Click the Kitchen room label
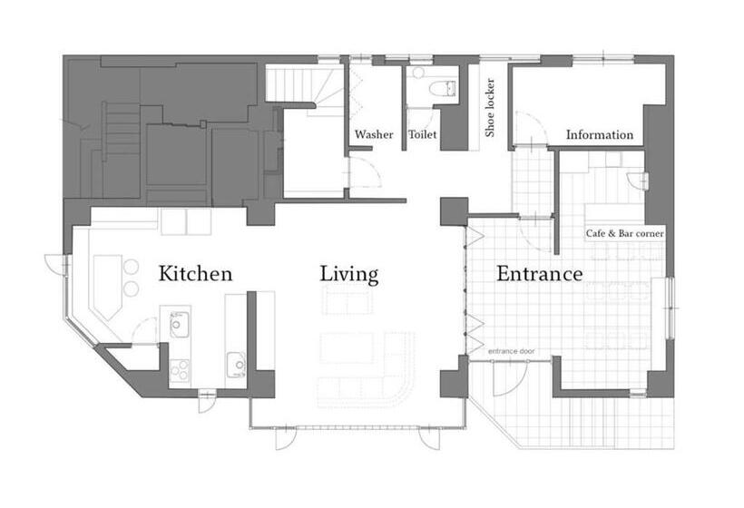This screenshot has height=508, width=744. [195, 274]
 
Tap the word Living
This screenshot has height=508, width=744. [349, 275]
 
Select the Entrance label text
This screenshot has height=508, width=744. [540, 274]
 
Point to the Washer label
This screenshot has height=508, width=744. [374, 134]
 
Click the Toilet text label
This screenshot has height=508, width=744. [422, 134]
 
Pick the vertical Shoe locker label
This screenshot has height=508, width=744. [490, 108]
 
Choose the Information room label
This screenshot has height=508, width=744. [600, 134]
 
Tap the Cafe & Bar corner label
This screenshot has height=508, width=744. [624, 233]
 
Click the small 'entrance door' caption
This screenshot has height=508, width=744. [512, 351]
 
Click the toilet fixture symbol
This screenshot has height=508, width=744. [442, 88]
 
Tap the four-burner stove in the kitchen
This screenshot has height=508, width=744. [180, 370]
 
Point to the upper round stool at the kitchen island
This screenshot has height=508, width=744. [131, 267]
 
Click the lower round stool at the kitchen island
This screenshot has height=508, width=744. [131, 288]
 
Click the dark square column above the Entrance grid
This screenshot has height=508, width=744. [454, 211]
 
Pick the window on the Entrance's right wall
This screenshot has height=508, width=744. [670, 308]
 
